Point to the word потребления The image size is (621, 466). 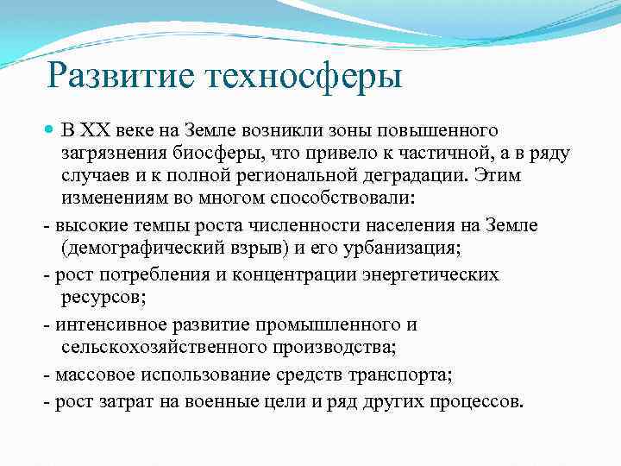point(145,274)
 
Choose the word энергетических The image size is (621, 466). point(426,274)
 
